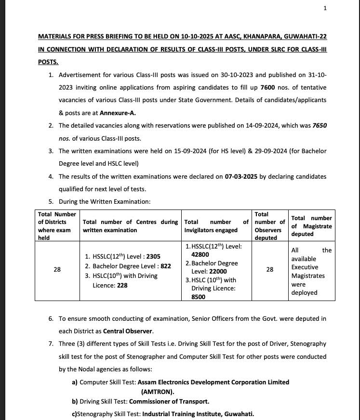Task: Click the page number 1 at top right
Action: point(325,8)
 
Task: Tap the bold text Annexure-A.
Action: point(118,113)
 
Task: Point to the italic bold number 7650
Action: point(319,125)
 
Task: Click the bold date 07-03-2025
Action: point(241,176)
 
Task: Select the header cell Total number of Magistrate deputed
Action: point(311,226)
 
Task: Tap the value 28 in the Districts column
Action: point(57,270)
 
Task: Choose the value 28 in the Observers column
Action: point(269,270)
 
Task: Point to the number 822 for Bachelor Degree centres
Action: point(166,266)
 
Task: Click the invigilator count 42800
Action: point(200,254)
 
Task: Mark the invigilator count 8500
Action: point(199,297)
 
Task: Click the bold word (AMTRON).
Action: point(158,392)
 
